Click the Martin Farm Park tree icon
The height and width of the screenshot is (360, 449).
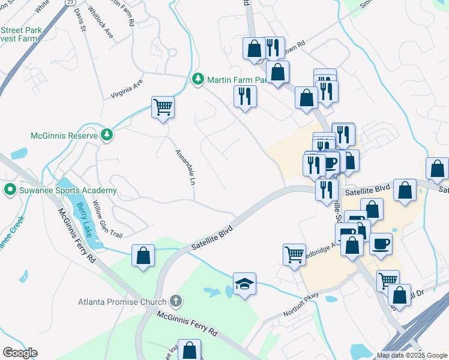(x=198, y=79)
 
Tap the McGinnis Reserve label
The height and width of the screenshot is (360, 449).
(x=64, y=136)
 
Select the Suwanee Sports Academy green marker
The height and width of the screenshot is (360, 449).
(x=10, y=190)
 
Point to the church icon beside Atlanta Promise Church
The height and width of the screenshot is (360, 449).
(x=175, y=300)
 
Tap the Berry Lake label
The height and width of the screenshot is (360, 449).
(x=83, y=220)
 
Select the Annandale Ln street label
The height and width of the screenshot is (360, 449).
(x=185, y=166)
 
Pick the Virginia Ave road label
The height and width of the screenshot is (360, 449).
(x=127, y=89)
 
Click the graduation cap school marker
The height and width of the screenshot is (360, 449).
(x=244, y=283)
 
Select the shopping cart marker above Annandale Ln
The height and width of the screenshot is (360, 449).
(x=163, y=107)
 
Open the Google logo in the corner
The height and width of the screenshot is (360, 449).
(x=20, y=352)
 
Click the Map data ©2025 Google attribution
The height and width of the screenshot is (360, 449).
(x=411, y=355)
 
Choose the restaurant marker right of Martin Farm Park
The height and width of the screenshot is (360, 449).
(x=245, y=97)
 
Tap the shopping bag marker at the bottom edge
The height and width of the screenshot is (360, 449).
(x=189, y=350)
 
